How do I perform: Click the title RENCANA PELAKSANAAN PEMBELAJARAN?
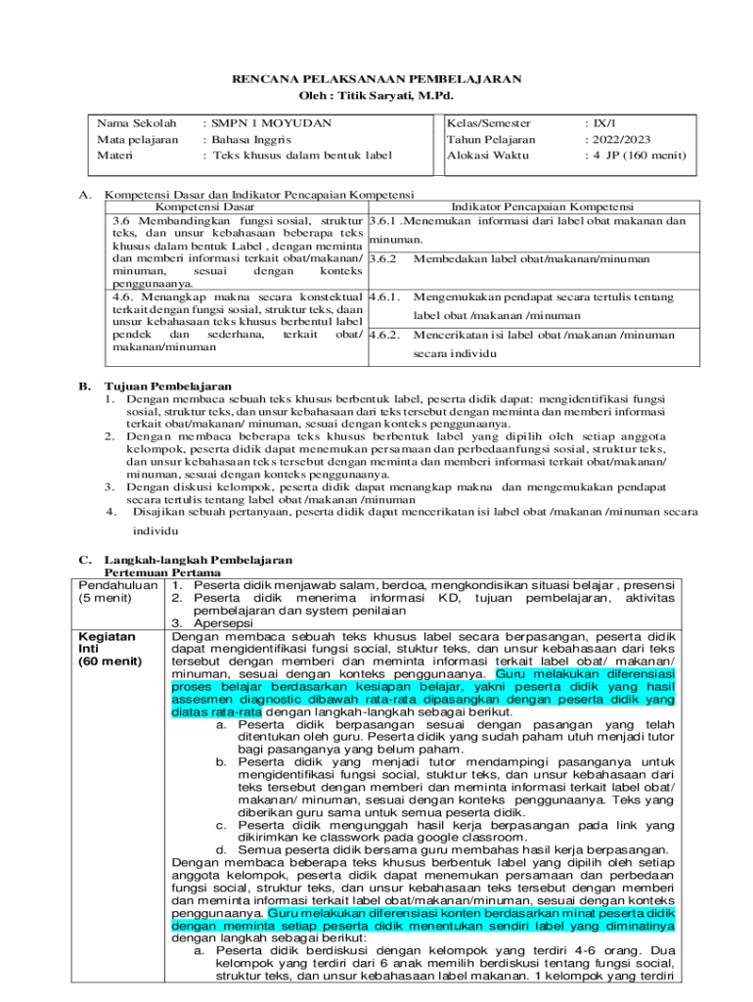pos(376,79)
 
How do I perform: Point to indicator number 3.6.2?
pos(385,259)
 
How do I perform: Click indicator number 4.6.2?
pos(386,335)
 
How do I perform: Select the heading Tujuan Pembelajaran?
pos(167,387)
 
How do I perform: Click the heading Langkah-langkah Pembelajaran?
pos(199,560)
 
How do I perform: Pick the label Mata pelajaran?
pos(137,139)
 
